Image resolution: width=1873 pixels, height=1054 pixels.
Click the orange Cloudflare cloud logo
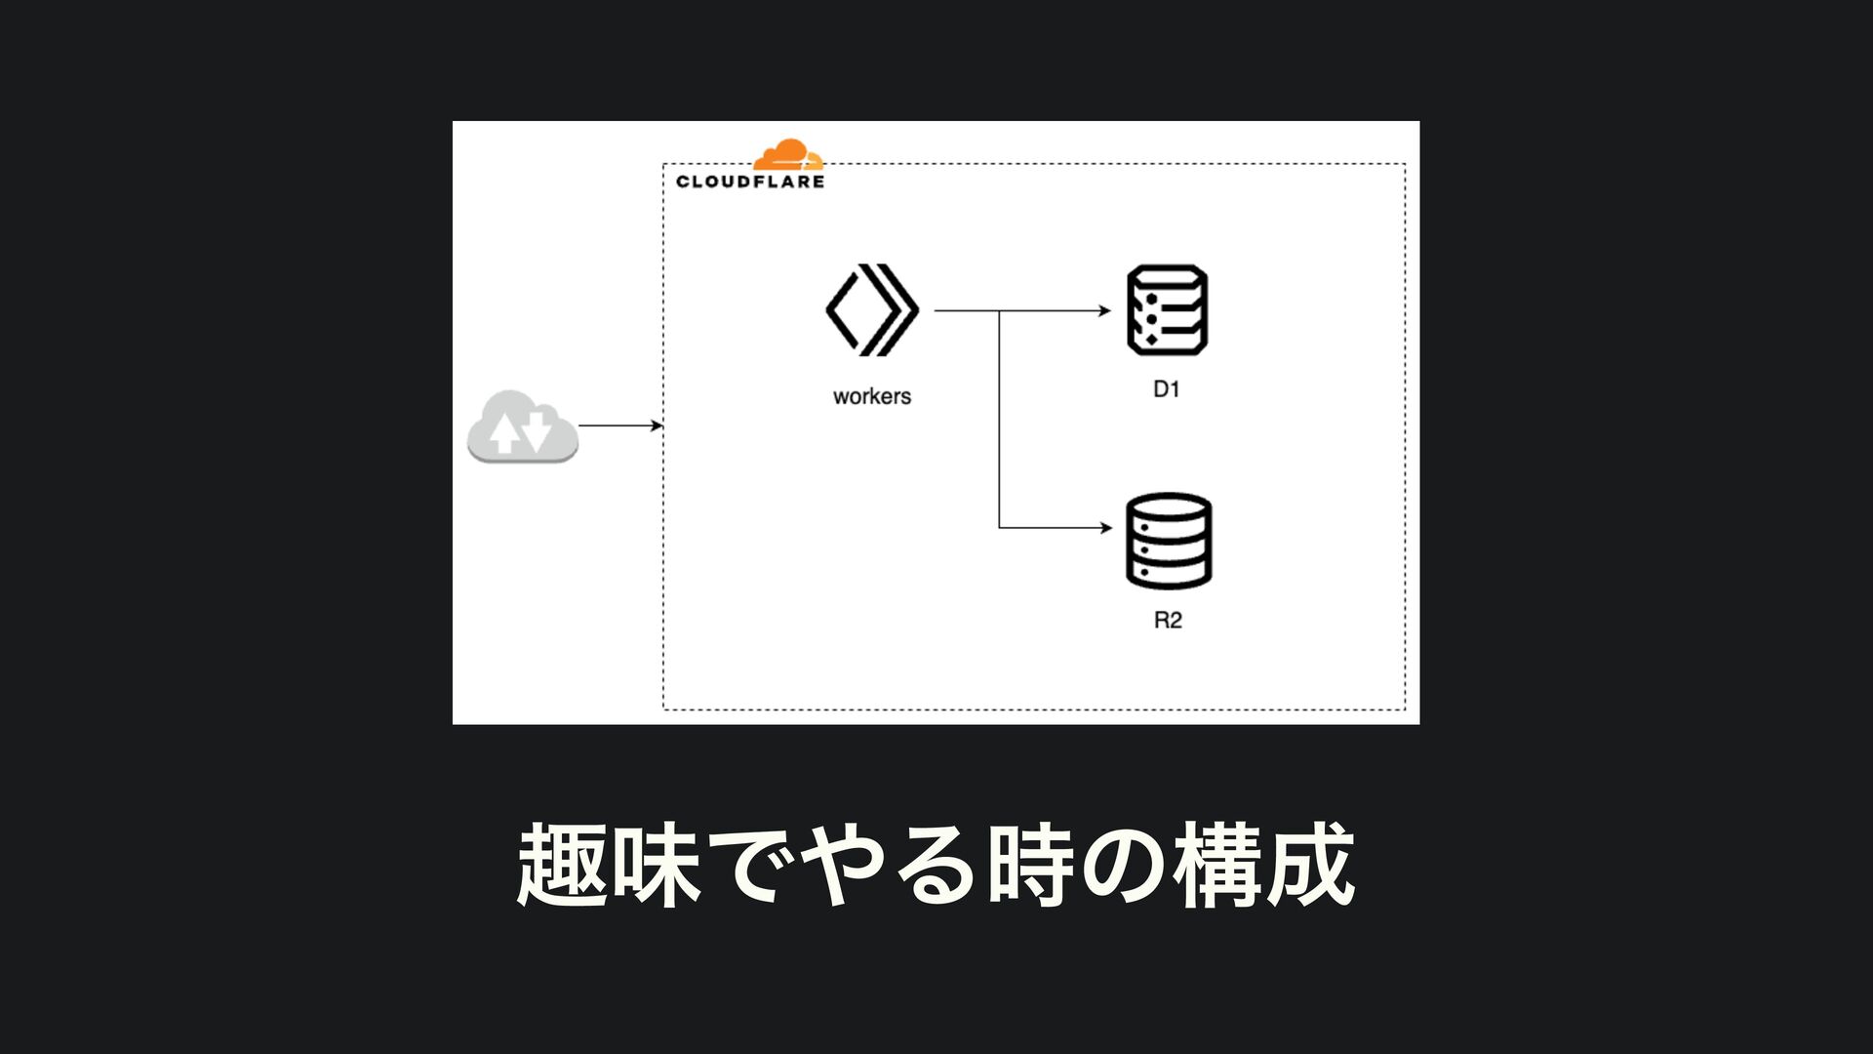tap(788, 156)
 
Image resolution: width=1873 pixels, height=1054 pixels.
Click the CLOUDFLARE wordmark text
tap(750, 182)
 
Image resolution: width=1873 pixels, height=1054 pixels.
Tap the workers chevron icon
tap(872, 309)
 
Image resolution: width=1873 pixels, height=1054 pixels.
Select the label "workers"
tap(872, 396)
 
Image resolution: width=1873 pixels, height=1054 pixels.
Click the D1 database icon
tap(1168, 309)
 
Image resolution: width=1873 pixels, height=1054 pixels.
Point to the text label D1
tap(1167, 389)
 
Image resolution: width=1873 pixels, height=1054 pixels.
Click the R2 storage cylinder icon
tap(1169, 541)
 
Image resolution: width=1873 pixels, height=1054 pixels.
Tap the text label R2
tap(1168, 621)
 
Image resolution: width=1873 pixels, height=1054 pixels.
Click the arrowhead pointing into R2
tap(1105, 528)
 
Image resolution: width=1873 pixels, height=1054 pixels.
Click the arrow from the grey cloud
tap(620, 426)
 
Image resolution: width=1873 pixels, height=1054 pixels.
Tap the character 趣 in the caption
tap(562, 865)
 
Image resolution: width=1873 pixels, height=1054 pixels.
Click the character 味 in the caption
tap(656, 865)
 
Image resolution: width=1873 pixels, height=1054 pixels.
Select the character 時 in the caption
tap(1030, 865)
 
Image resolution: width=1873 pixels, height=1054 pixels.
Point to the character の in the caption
tap(1124, 865)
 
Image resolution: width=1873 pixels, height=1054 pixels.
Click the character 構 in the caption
tap(1217, 865)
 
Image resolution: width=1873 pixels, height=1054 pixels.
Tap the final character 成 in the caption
tap(1311, 865)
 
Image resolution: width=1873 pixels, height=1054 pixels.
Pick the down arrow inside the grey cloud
tap(538, 431)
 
